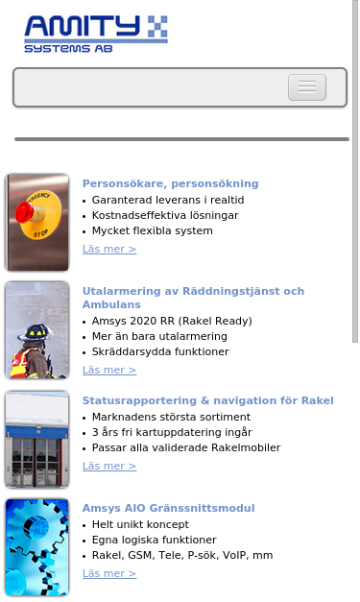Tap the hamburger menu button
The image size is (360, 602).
pos(307,87)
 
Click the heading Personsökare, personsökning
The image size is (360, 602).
pos(170,183)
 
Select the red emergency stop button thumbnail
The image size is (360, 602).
pos(37,223)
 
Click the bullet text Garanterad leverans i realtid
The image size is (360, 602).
pos(168,200)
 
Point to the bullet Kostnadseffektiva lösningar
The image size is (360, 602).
pos(165,215)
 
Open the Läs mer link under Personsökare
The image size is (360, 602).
pos(109,250)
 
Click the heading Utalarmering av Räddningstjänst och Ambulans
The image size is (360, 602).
pos(193,297)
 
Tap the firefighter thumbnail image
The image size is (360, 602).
pos(37,329)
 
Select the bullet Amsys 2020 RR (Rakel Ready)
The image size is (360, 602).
pos(172,321)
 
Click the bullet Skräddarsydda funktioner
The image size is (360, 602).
pos(160,351)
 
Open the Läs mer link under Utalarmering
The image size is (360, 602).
pos(109,371)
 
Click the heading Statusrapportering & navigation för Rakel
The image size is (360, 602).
pos(207,400)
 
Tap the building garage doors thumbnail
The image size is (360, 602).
pos(37,439)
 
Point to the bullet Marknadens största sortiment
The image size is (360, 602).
pos(171,417)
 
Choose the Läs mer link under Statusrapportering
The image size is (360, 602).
pos(109,467)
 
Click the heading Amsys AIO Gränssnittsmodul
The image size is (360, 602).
pos(168,508)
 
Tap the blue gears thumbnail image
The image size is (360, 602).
pos(37,546)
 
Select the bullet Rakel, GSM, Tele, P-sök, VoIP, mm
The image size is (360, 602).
pos(182,555)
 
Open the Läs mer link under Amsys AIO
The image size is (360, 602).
pos(109,574)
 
